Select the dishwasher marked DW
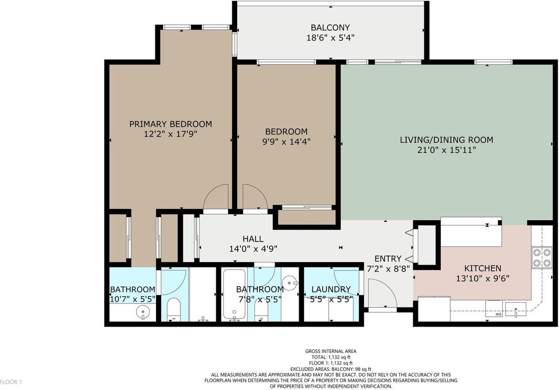496,311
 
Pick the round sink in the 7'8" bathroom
290,282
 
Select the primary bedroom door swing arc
216,197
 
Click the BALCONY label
330,28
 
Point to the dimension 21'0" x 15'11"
446,150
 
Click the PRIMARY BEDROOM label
170,124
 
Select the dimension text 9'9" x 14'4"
286,142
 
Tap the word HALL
253,239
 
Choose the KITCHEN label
482,268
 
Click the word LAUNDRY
331,289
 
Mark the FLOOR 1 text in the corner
11,382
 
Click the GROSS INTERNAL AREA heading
331,351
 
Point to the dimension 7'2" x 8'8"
388,269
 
